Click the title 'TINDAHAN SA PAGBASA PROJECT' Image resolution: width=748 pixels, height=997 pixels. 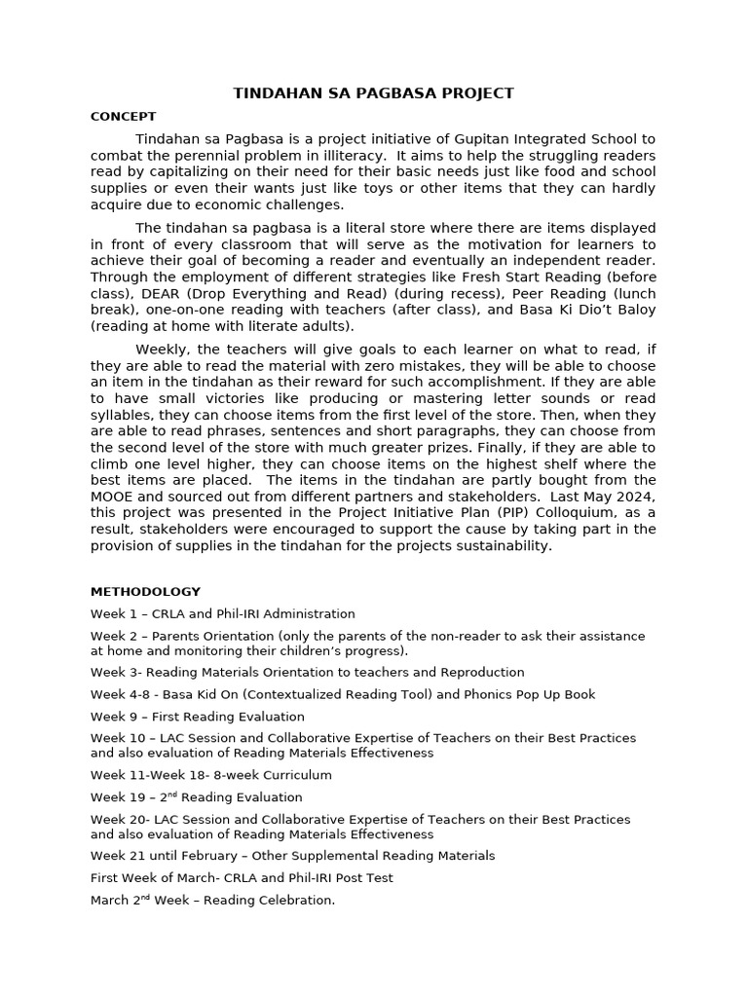pos(373,93)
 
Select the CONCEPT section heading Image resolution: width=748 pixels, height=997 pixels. pos(123,117)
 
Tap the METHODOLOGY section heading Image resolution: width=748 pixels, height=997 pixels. pos(145,591)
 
